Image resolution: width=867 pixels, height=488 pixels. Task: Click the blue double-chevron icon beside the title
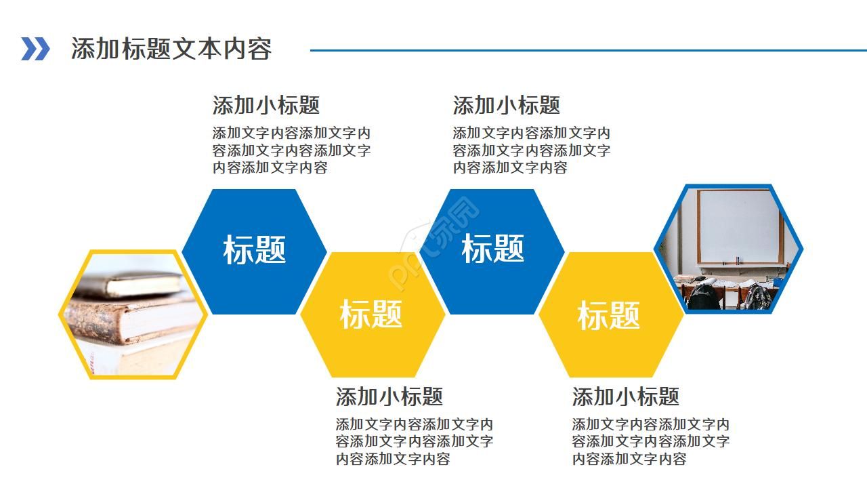point(35,49)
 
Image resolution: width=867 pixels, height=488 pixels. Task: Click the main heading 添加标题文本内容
point(171,49)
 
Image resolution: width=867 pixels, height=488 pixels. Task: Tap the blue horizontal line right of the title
point(588,49)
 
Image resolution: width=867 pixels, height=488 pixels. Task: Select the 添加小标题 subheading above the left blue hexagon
point(266,105)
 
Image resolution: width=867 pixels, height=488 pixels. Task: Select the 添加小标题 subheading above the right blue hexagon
point(506,105)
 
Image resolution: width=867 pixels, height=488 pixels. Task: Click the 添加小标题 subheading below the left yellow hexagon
point(389,396)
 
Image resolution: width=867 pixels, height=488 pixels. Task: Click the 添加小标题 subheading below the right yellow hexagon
point(625,396)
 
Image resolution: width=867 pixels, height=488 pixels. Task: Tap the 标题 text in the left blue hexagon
point(255,249)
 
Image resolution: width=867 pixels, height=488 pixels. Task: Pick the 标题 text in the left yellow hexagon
point(371,314)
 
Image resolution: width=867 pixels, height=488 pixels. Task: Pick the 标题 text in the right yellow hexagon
point(609,315)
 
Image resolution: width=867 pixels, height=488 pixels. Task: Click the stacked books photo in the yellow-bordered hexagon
point(132,314)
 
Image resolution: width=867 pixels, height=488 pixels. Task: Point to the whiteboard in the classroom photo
point(739,226)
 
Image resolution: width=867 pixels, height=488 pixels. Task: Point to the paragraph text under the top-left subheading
point(291,150)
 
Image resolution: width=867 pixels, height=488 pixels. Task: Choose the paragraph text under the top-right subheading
point(532,150)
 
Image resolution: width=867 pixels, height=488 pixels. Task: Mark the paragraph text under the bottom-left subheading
point(415,442)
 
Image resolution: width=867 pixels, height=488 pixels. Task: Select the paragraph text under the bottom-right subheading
point(650,442)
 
